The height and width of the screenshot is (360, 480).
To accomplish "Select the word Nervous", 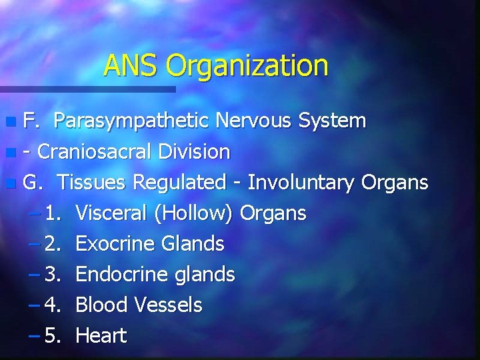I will [257, 121].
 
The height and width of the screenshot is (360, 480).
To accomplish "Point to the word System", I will [332, 121].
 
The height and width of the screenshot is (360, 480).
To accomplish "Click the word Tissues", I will [93, 182].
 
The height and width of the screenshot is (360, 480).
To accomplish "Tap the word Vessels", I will [168, 305].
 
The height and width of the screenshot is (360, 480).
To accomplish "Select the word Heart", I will [101, 336].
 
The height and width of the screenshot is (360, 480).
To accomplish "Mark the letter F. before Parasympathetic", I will [31, 121].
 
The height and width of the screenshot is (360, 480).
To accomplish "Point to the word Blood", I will [103, 305].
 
